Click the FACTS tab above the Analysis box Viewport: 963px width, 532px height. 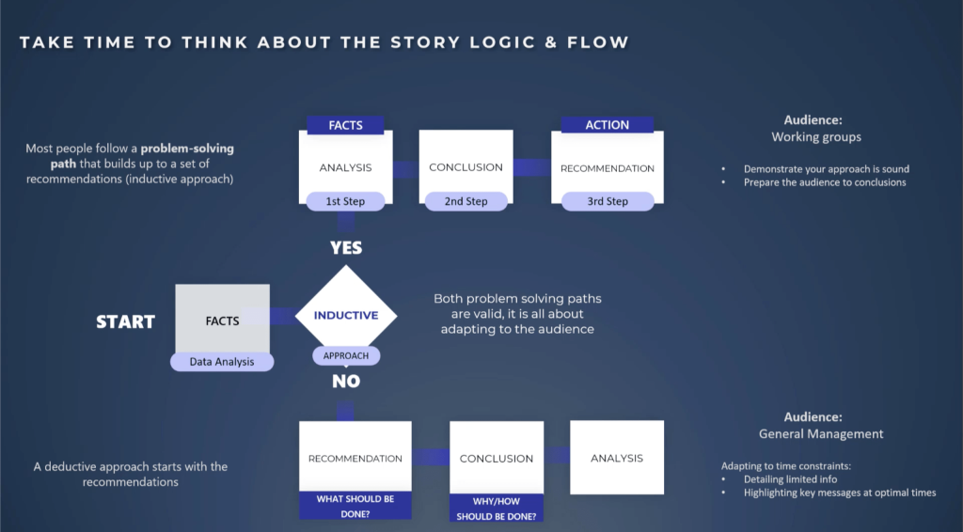pyautogui.click(x=345, y=125)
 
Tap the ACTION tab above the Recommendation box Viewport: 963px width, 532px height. pyautogui.click(x=607, y=125)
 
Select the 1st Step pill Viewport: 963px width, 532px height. pyautogui.click(x=345, y=201)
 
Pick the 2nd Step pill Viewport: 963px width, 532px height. pyautogui.click(x=466, y=201)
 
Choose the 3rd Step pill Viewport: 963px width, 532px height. pyautogui.click(x=608, y=201)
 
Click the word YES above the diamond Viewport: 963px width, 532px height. pyautogui.click(x=346, y=248)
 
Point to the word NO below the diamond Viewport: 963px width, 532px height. pyautogui.click(x=346, y=381)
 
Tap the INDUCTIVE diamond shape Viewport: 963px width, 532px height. pyautogui.click(x=346, y=316)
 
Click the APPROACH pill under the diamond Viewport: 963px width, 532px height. pyautogui.click(x=346, y=356)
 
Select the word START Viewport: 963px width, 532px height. pyautogui.click(x=125, y=321)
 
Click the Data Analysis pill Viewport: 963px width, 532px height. pyautogui.click(x=222, y=362)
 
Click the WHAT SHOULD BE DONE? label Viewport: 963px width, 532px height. pyautogui.click(x=355, y=507)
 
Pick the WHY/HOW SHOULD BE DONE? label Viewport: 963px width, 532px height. pyautogui.click(x=497, y=509)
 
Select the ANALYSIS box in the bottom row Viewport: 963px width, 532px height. pyautogui.click(x=617, y=457)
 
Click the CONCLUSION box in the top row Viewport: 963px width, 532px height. pyautogui.click(x=466, y=167)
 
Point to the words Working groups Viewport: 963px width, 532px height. pyautogui.click(x=816, y=137)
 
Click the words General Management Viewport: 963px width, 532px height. pyautogui.click(x=820, y=434)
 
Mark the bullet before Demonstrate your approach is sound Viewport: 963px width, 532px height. pyautogui.click(x=723, y=169)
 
